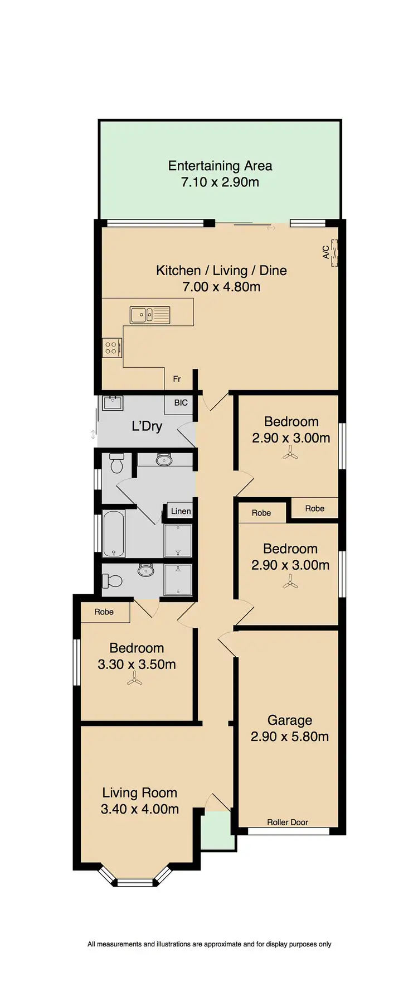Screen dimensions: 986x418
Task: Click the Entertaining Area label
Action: pyautogui.click(x=220, y=166)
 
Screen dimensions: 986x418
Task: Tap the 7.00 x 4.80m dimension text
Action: pyautogui.click(x=221, y=287)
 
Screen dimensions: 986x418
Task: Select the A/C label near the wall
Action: pyautogui.click(x=326, y=252)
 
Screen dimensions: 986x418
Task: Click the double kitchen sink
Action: pyautogui.click(x=150, y=315)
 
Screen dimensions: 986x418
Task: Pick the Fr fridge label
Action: pyautogui.click(x=177, y=379)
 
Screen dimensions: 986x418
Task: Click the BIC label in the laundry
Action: pyautogui.click(x=181, y=403)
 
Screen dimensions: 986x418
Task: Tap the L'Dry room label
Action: pyautogui.click(x=147, y=426)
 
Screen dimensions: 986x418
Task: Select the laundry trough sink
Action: pyautogui.click(x=113, y=403)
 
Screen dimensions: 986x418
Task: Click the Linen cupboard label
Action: pyautogui.click(x=181, y=511)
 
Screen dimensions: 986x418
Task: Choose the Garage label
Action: pyautogui.click(x=289, y=720)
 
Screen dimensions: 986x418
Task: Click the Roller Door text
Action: pyautogui.click(x=288, y=822)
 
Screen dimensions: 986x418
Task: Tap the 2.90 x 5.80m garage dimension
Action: pyautogui.click(x=289, y=737)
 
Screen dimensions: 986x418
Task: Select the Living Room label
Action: pyautogui.click(x=139, y=793)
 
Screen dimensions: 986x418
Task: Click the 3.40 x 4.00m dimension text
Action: pyautogui.click(x=139, y=809)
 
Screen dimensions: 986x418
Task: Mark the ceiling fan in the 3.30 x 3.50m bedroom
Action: pyautogui.click(x=134, y=679)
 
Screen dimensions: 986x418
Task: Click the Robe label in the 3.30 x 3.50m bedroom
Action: pyautogui.click(x=104, y=612)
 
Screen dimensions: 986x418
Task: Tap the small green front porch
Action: pyautogui.click(x=217, y=831)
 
